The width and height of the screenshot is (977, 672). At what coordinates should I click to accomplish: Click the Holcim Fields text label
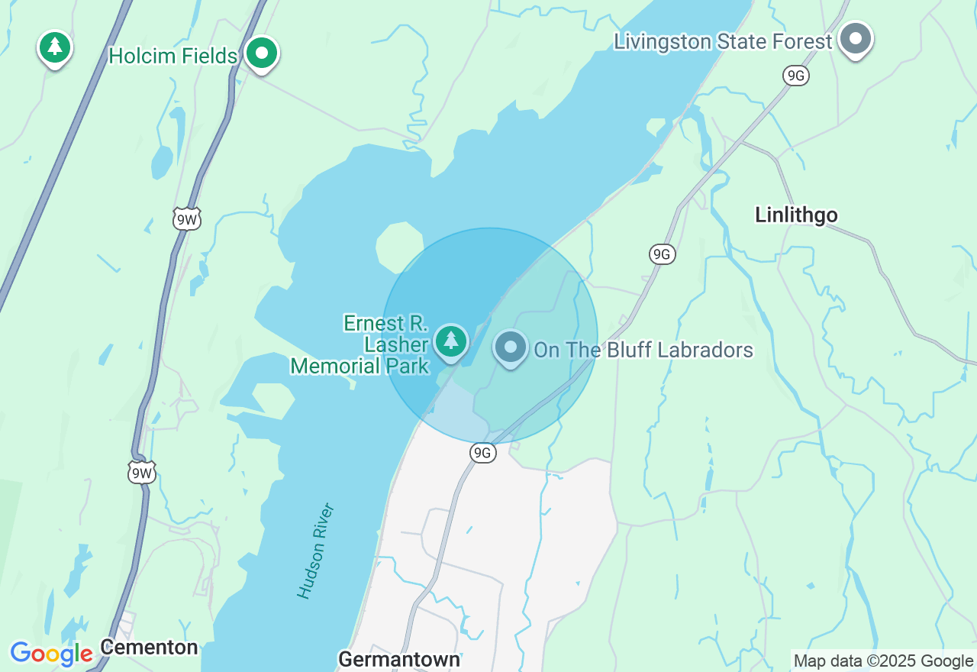point(173,56)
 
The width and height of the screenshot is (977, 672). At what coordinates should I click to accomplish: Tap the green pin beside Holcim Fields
point(262,53)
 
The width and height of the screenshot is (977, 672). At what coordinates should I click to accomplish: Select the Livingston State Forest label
point(722,41)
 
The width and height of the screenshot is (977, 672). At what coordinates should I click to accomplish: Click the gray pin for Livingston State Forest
point(856,38)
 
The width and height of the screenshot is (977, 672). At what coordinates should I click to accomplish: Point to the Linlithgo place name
point(796,215)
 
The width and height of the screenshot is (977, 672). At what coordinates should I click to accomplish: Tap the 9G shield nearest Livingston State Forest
point(795,75)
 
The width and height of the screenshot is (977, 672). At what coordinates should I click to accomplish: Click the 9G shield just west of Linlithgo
point(663,254)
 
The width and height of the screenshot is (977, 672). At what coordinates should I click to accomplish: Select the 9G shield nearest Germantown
point(482,453)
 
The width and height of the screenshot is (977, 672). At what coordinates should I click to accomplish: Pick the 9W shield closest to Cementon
point(142,473)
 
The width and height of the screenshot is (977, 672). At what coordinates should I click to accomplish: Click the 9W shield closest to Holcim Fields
point(187,220)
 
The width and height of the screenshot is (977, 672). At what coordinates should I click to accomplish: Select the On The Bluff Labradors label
point(643,350)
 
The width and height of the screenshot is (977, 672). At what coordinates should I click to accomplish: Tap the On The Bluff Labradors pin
point(511,347)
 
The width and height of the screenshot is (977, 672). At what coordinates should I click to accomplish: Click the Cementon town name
point(149,648)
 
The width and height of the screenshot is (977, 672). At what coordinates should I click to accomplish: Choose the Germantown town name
point(398,659)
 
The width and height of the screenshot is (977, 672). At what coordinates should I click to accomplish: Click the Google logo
point(51,654)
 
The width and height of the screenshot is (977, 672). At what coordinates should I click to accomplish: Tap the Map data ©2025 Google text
point(883,661)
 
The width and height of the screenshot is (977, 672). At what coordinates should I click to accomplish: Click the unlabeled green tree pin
point(54,47)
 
